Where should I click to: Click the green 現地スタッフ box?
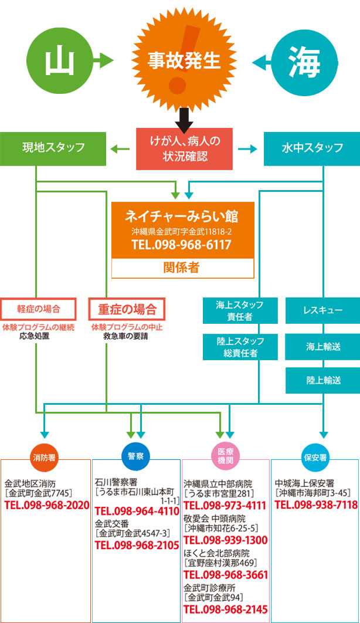(x=53, y=148)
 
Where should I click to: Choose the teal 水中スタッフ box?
(x=311, y=148)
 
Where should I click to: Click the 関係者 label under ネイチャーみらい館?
(x=182, y=268)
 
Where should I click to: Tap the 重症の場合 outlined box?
(x=127, y=309)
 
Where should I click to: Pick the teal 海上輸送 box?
(x=322, y=346)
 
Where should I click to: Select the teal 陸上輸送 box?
(x=322, y=381)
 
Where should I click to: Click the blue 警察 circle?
(x=135, y=455)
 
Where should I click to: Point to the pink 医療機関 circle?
(x=226, y=455)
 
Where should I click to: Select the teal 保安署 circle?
(x=315, y=455)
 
